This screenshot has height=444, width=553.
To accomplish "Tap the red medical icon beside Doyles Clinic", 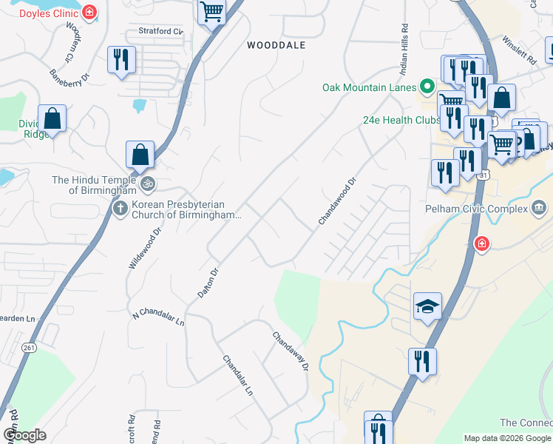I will pos(89,13).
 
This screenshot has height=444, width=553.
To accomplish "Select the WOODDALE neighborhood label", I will pos(276,45).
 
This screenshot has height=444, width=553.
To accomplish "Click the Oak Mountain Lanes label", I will pos(369,87).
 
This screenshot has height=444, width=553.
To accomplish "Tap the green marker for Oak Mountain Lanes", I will pos(427,87).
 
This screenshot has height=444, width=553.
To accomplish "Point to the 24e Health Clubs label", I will pos(401,120).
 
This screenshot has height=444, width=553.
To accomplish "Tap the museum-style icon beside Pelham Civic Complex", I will pos(539,207).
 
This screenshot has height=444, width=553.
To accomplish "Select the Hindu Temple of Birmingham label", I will pos(93,185).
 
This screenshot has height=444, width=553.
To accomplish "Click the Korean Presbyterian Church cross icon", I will pos(120,209).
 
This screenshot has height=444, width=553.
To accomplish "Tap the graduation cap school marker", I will pos(427,306).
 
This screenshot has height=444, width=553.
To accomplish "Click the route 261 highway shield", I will pos(30,349).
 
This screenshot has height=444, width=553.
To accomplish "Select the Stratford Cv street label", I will pos(160,32).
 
